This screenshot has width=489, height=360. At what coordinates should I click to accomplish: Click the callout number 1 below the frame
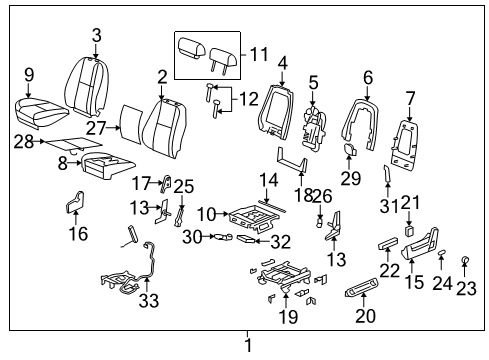click(248, 346)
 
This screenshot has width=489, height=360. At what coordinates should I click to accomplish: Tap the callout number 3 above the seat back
click(97, 36)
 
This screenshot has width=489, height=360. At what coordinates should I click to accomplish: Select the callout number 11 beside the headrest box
click(260, 55)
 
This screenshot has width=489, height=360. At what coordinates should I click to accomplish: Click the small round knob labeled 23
click(466, 262)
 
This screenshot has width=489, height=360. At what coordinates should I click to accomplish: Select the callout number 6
click(367, 76)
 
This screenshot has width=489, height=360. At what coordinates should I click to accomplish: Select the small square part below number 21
click(409, 229)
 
